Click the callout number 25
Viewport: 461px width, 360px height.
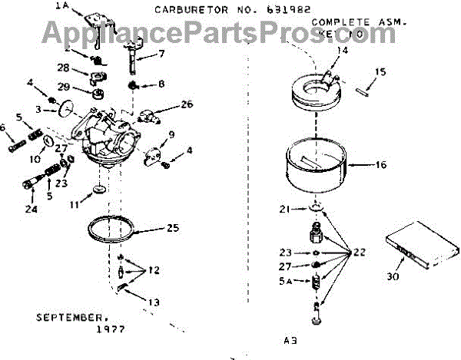click(x=174, y=228)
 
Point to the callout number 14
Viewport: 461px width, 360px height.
click(x=343, y=51)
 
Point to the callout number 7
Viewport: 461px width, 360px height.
click(x=162, y=54)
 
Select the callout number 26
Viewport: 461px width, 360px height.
click(x=187, y=104)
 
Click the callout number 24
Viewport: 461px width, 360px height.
click(x=31, y=209)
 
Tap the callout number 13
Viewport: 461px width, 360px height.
click(x=156, y=302)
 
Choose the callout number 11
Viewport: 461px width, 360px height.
click(x=72, y=206)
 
